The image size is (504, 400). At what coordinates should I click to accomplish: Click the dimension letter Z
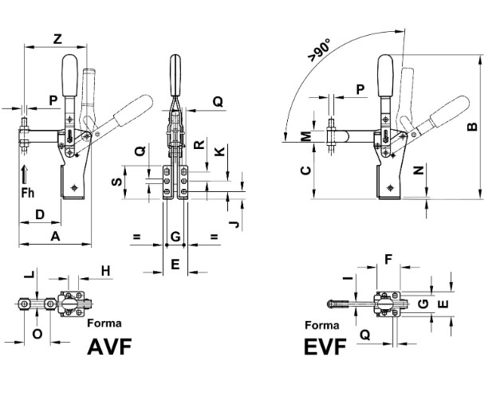[x=57, y=39]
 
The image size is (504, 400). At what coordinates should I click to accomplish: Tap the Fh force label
[x=27, y=193]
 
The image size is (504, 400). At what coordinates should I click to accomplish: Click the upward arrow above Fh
[x=25, y=175]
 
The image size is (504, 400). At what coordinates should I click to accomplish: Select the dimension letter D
[x=40, y=214]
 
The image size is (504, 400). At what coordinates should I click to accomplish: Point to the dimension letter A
[x=55, y=236]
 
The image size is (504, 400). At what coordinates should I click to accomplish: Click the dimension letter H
[x=105, y=271]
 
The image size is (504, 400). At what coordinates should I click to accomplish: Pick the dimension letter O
[x=37, y=334]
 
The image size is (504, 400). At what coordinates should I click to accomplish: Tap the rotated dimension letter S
[x=117, y=182]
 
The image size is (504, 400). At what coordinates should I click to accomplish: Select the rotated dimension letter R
[x=199, y=144]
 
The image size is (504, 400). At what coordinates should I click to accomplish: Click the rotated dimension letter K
[x=219, y=151]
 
